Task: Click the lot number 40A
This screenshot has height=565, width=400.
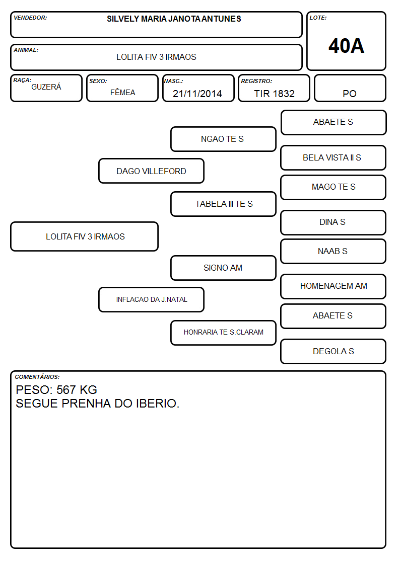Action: pyautogui.click(x=346, y=46)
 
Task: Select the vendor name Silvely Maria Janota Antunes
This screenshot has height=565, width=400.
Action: pyautogui.click(x=174, y=19)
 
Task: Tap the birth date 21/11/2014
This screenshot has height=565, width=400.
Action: pyautogui.click(x=197, y=94)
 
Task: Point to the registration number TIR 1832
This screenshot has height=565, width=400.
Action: pyautogui.click(x=274, y=94)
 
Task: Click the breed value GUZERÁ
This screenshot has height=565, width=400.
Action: pyautogui.click(x=46, y=87)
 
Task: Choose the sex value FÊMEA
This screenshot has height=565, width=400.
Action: pyautogui.click(x=122, y=92)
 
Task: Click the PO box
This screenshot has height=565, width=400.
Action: pyautogui.click(x=350, y=88)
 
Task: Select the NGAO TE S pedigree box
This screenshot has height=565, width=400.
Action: pyautogui.click(x=223, y=139)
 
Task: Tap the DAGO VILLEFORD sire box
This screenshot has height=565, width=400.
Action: pyautogui.click(x=152, y=171)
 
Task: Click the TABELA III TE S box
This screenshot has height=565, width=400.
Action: pyautogui.click(x=223, y=204)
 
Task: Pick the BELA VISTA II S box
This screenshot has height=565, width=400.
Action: pyautogui.click(x=334, y=157)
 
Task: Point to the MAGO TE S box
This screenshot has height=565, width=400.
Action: pyautogui.click(x=334, y=187)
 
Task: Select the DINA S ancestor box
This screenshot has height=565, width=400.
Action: pyautogui.click(x=334, y=222)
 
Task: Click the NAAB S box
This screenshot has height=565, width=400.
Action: pyautogui.click(x=334, y=251)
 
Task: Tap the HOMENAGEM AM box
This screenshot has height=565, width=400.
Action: pyautogui.click(x=334, y=286)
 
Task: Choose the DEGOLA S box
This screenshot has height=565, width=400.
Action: pyautogui.click(x=334, y=351)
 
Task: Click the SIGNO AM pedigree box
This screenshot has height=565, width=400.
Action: pyautogui.click(x=223, y=268)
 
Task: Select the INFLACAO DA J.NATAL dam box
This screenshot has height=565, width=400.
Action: pyautogui.click(x=152, y=299)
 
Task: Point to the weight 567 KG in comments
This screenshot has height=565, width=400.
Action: pyautogui.click(x=77, y=390)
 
